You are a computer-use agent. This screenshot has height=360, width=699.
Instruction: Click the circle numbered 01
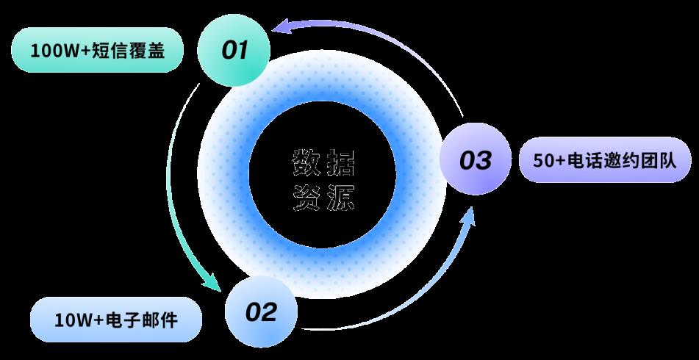(x=234, y=50)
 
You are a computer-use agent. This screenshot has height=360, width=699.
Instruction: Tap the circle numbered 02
(x=262, y=312)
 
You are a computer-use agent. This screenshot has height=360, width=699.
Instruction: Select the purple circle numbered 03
(x=475, y=159)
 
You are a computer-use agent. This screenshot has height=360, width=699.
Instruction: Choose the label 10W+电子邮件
(x=115, y=320)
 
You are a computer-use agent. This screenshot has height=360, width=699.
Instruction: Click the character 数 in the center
(x=307, y=162)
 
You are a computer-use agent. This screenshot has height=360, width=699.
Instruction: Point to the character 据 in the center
(x=342, y=162)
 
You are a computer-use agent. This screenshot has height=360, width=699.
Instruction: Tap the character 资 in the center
(x=307, y=197)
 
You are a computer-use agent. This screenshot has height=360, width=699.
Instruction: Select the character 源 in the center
(x=342, y=197)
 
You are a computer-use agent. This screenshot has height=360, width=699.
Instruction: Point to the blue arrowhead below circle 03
(x=467, y=216)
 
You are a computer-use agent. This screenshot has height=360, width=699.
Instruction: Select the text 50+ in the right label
(x=549, y=159)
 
